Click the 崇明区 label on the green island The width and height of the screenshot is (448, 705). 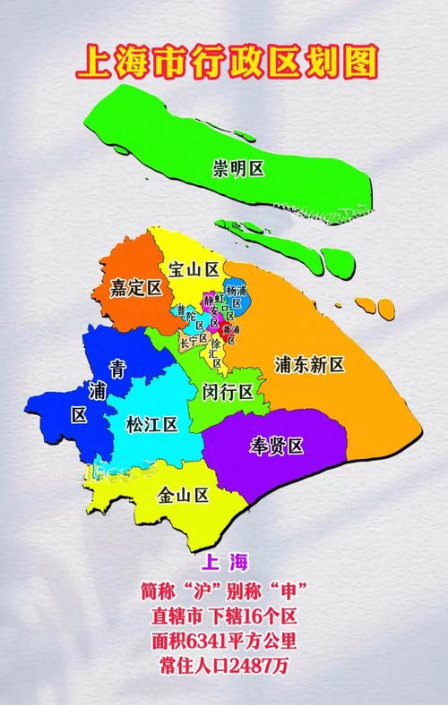coord(238,167)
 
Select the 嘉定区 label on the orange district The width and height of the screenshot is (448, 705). coord(135,288)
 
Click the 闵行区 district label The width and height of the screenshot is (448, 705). coord(227,391)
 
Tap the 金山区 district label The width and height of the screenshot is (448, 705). coord(183,495)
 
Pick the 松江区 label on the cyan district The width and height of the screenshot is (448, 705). coord(152,423)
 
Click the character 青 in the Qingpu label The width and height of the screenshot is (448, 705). coord(91,368)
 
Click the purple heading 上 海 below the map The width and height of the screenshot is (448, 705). coord(224,563)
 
